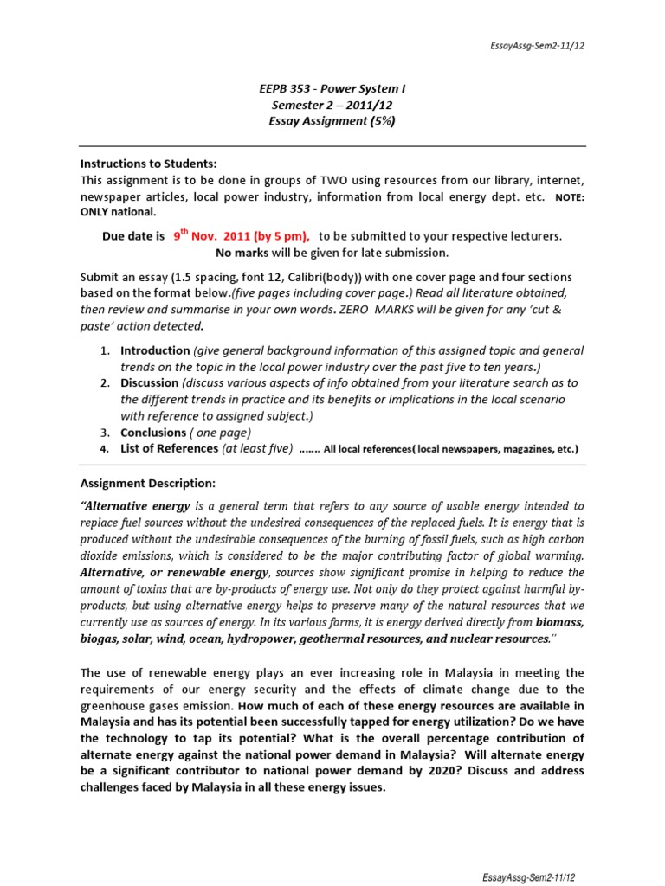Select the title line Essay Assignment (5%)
[x=332, y=122]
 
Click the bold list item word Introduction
[x=155, y=350]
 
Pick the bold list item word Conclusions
[x=153, y=432]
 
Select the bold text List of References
[x=169, y=448]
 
